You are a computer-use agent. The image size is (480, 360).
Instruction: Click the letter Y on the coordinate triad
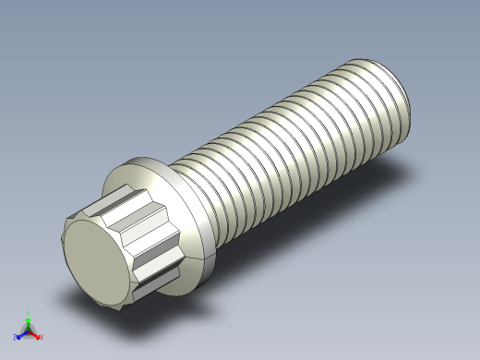click(x=29, y=312)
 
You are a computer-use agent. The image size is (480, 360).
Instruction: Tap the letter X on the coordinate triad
click(x=42, y=338)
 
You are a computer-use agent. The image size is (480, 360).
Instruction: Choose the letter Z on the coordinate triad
click(x=16, y=337)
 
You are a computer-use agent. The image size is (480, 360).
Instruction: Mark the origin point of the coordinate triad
click(x=29, y=330)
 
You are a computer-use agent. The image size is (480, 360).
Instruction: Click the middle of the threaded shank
click(x=286, y=138)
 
